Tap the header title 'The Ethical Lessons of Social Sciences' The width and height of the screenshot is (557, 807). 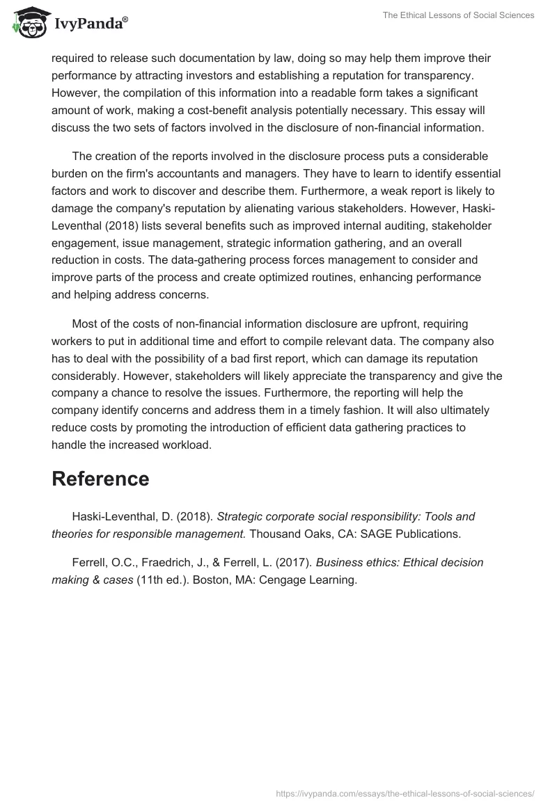[x=458, y=16]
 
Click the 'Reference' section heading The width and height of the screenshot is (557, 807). [x=100, y=479]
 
